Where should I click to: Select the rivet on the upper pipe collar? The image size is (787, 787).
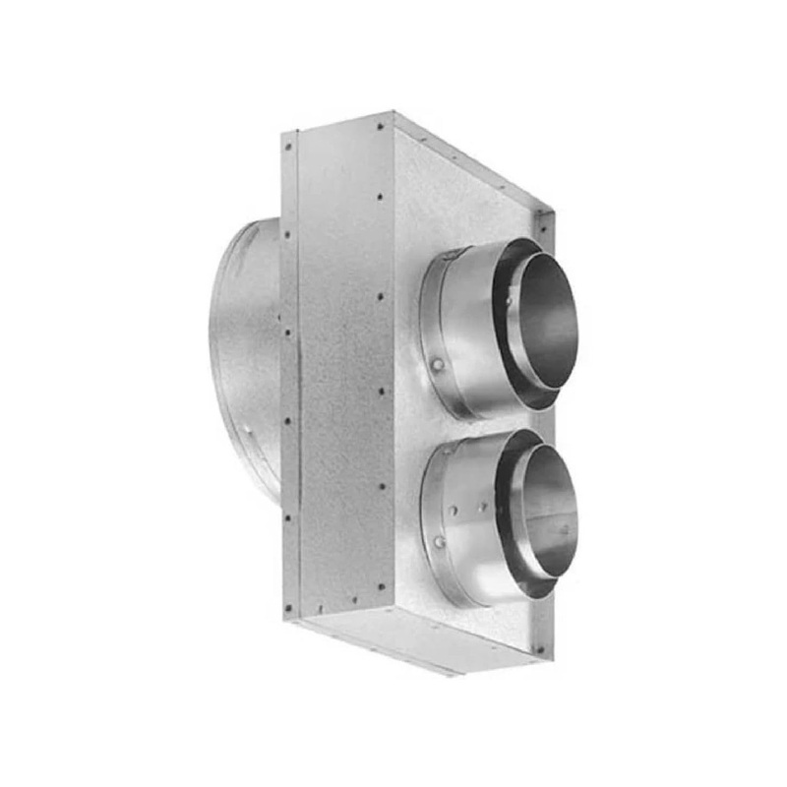438,365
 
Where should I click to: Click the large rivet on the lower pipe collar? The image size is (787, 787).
439,542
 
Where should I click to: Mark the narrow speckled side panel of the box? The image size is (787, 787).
339,374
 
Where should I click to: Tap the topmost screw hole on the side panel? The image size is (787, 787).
380,126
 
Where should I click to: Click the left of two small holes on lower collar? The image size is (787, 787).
455,512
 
